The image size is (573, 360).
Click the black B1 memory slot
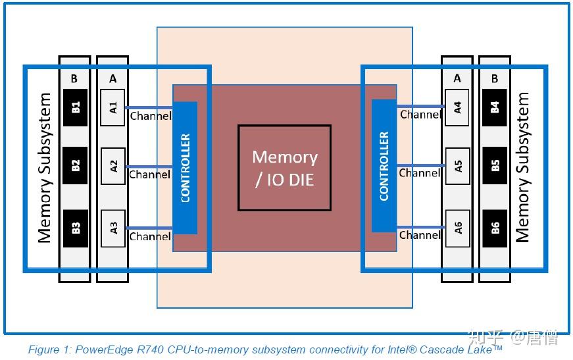75,107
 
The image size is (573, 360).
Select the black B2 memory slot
75,165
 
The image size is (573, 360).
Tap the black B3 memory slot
75,228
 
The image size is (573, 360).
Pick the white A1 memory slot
113,107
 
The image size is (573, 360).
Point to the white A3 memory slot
113,228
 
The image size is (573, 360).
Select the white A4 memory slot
458,107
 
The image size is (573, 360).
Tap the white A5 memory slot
458,165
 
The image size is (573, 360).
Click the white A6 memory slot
458,228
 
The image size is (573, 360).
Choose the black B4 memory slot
495,107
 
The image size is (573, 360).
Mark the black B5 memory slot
495,165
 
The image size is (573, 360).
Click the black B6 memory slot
495,228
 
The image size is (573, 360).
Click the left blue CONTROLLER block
185,168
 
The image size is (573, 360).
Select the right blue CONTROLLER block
384,166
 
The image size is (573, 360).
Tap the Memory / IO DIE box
284,168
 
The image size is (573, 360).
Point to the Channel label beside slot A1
151,116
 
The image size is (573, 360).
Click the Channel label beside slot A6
420,235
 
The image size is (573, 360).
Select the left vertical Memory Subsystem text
44,168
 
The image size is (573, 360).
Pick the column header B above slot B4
495,78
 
